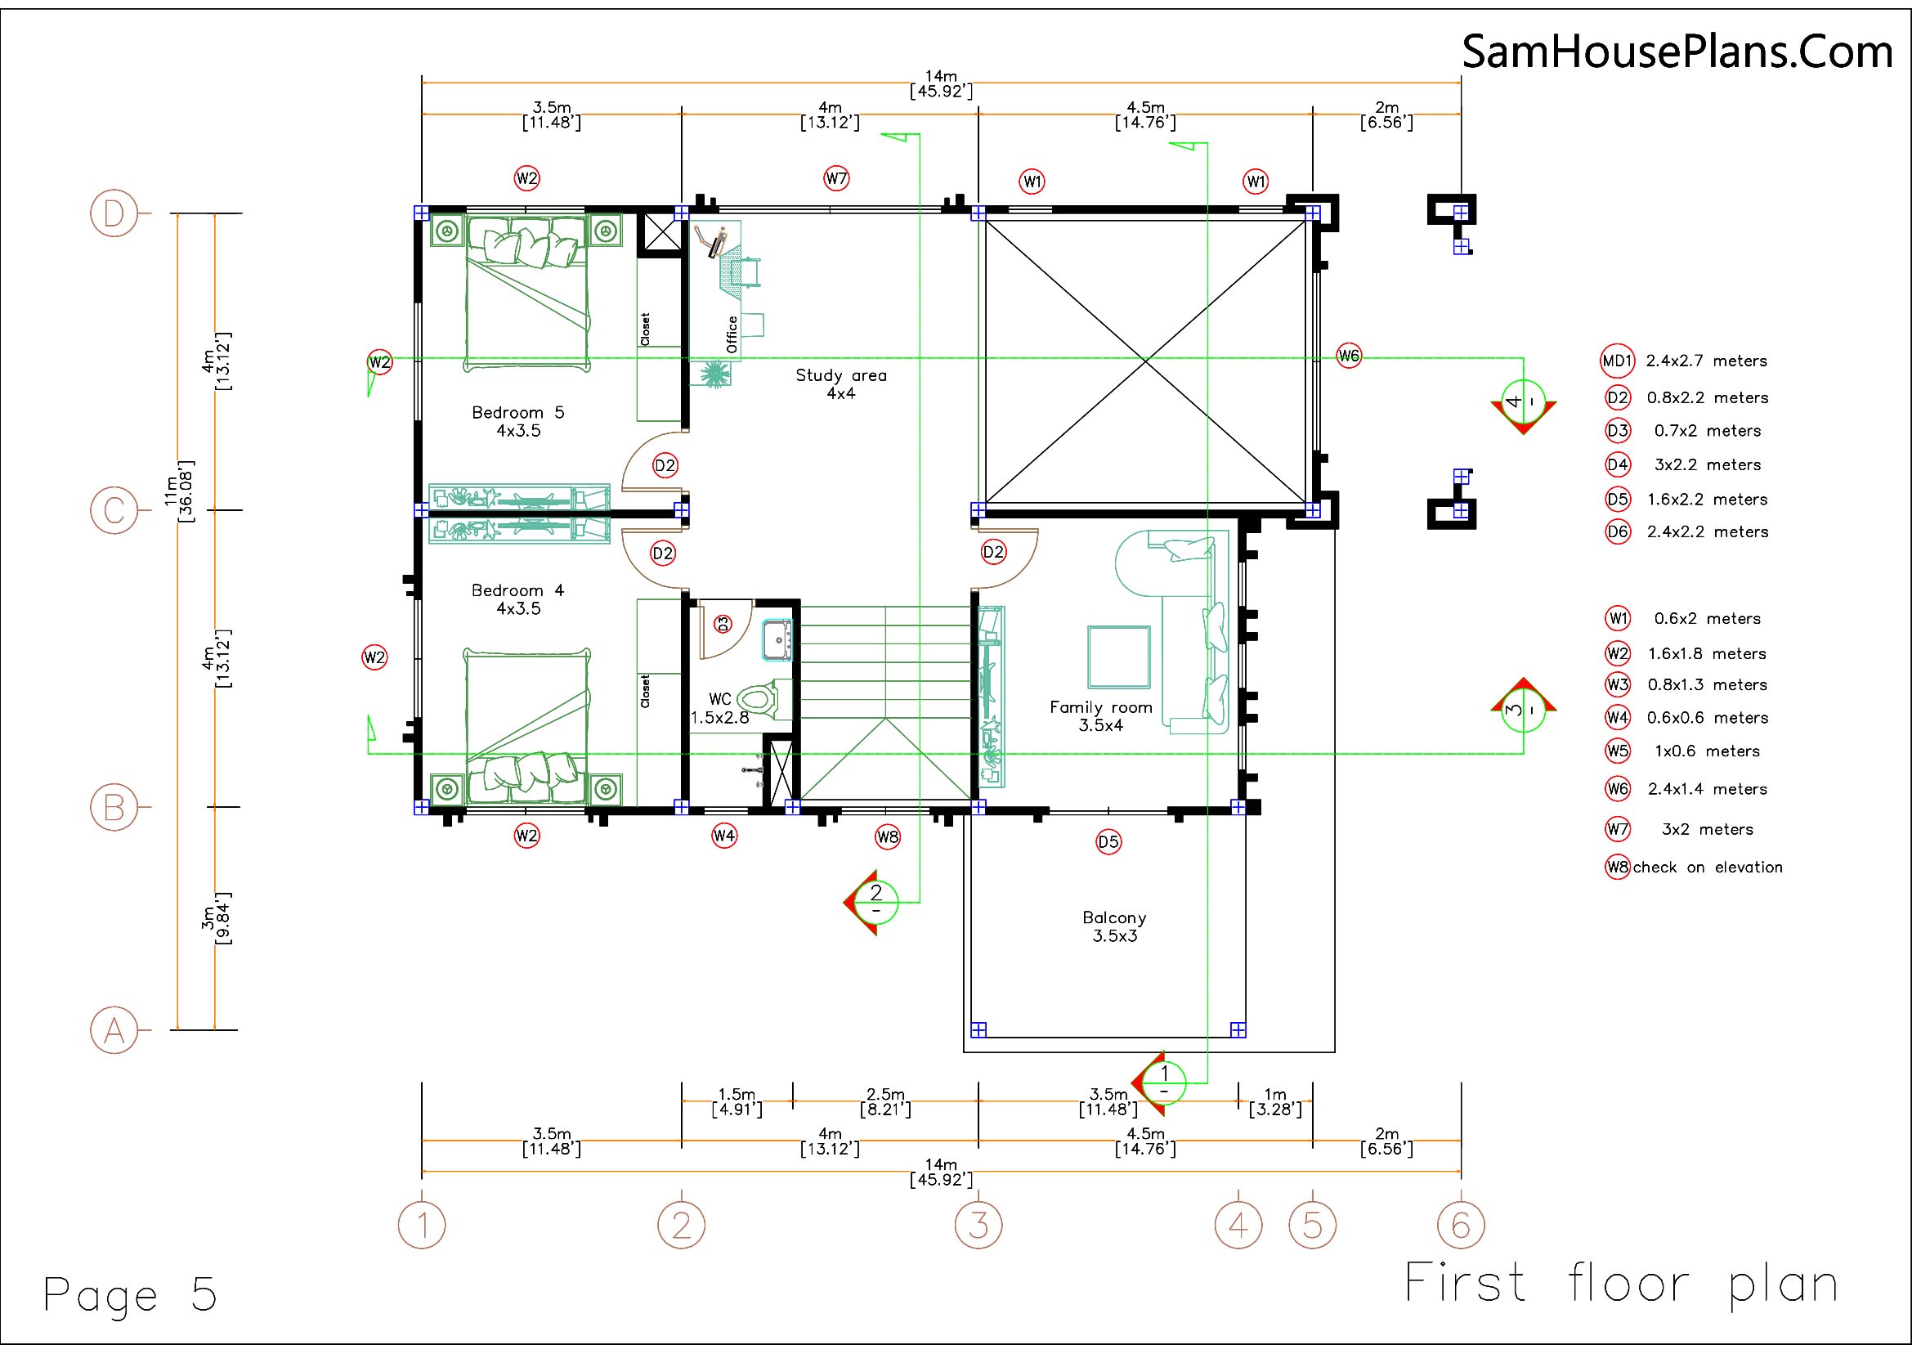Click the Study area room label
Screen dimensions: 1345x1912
[x=840, y=384]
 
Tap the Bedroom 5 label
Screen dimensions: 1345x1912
[x=517, y=421]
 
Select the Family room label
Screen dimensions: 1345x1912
[x=1100, y=716]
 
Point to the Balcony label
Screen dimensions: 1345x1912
[x=1114, y=926]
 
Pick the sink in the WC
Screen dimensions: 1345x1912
[x=777, y=640]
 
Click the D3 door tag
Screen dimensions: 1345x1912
[x=723, y=623]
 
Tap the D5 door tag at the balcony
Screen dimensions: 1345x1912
[x=1108, y=842]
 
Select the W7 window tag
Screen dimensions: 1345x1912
[x=836, y=178]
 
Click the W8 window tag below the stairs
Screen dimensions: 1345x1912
[x=888, y=836]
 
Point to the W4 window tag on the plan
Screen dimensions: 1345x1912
[x=723, y=836]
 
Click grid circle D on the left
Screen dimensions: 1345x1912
[x=114, y=214]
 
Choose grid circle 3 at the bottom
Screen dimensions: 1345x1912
[x=978, y=1225]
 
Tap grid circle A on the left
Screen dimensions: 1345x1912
[x=114, y=1030]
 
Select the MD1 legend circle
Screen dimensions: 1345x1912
[x=1617, y=361]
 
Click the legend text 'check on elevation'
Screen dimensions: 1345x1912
[x=1707, y=868]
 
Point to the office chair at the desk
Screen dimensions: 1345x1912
[x=746, y=271]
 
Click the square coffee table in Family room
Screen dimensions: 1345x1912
[x=1118, y=657]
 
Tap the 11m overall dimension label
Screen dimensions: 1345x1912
[x=178, y=491]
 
